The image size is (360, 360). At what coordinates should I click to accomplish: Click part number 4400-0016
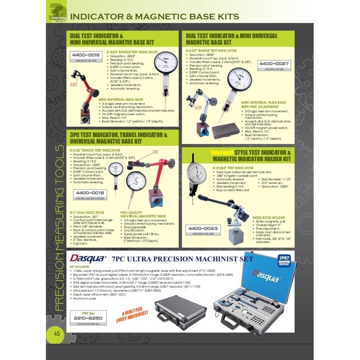click(x=85, y=56)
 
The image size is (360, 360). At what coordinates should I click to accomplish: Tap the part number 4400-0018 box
click(x=89, y=192)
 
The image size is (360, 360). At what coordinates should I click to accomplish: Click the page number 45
click(x=57, y=333)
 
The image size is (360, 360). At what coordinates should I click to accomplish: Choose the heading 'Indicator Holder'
click(x=268, y=217)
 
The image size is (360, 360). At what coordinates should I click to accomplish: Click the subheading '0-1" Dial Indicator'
click(x=87, y=212)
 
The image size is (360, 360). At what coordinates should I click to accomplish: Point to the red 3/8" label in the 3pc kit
click(x=155, y=152)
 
